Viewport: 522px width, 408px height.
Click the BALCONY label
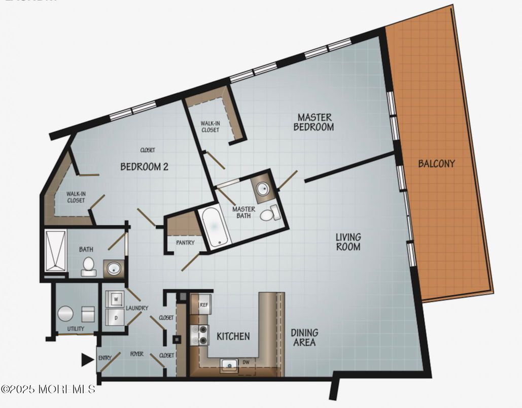(436, 164)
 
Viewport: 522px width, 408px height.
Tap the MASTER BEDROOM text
(315, 122)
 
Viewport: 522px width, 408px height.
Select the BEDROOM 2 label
(144, 166)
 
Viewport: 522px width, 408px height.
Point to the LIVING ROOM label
(349, 242)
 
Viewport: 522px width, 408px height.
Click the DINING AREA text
(304, 337)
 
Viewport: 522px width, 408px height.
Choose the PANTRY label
(185, 243)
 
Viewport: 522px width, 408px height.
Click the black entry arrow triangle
(87, 360)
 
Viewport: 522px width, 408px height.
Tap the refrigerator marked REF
(203, 304)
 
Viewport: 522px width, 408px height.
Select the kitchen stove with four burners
(200, 335)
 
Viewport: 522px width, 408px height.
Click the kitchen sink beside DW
(229, 364)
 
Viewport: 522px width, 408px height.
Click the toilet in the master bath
(269, 214)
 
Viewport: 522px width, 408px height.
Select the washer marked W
(116, 300)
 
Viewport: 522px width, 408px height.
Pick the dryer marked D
(116, 318)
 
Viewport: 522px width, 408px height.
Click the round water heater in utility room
(65, 314)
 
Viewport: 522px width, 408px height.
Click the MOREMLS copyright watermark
(48, 389)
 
